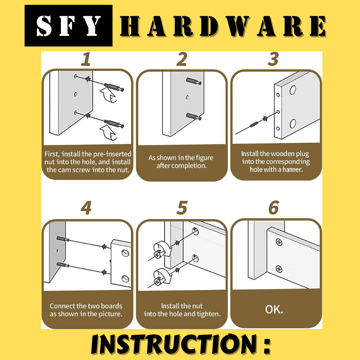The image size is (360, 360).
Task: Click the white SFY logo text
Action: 69,26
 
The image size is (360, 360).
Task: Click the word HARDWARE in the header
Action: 223,26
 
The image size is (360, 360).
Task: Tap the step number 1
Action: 86,59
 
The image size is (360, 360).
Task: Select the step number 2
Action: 182,59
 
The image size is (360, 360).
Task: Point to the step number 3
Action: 274,59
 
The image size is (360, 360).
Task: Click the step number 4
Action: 86,208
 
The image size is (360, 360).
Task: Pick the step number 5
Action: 182,208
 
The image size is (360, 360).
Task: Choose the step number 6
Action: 274,208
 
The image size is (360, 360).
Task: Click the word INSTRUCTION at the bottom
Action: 174,344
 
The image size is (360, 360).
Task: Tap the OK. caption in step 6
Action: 274,309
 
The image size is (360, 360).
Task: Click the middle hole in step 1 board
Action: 75,94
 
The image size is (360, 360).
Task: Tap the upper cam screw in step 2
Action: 194,81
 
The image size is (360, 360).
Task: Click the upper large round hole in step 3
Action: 293,90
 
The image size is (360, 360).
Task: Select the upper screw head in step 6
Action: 279,242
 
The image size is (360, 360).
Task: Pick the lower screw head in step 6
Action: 279,269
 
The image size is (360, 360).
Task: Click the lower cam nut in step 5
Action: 158,282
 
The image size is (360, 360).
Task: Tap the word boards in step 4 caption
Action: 111,306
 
